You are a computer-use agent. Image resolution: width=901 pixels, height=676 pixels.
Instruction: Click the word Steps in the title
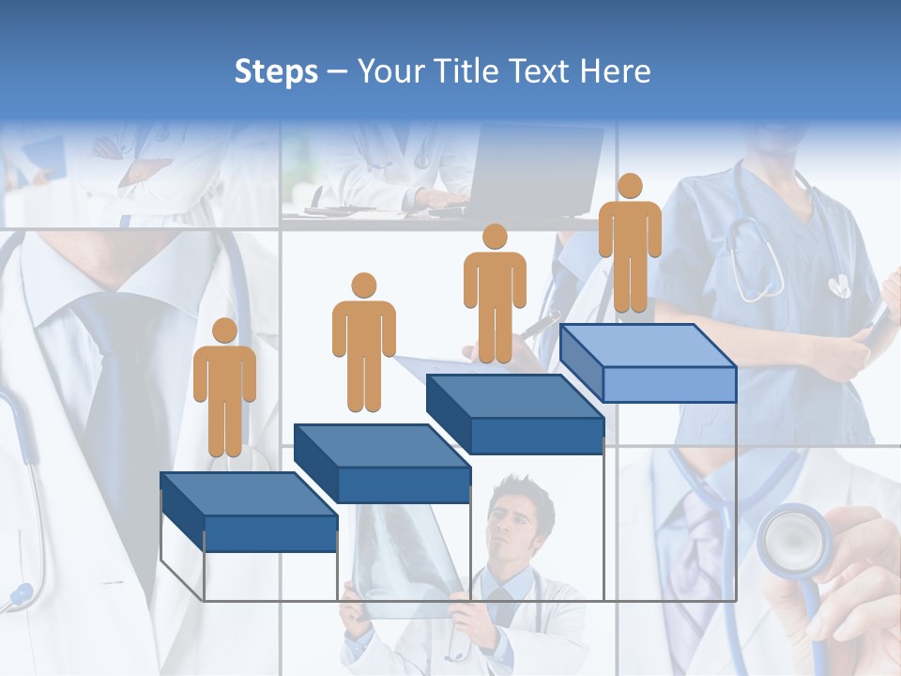pos(276,71)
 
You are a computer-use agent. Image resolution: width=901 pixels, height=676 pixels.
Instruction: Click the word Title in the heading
pos(464,71)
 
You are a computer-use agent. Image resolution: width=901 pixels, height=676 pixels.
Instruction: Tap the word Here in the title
pos(615,71)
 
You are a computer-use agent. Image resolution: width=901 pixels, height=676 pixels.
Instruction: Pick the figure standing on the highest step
pos(630,244)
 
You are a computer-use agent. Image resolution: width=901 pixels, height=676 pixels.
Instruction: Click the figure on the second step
pos(363,344)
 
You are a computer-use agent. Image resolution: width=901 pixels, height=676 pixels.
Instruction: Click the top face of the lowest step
pos(248,494)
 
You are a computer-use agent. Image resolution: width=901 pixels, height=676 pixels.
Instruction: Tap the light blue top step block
pos(648,361)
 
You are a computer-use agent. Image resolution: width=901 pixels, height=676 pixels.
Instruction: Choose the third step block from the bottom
pos(514,413)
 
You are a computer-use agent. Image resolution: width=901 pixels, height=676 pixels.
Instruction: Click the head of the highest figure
pos(630,186)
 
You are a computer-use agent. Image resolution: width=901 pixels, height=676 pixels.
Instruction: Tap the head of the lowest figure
pos(224,330)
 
